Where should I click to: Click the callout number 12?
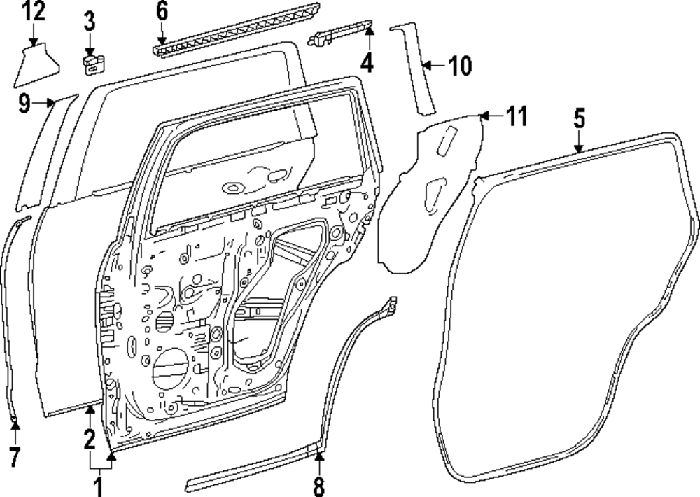(33, 11)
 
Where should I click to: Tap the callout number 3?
(90, 20)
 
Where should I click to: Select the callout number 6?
(162, 11)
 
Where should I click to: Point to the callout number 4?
(367, 63)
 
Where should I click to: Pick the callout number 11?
(516, 116)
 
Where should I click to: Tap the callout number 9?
(24, 105)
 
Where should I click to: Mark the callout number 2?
(89, 440)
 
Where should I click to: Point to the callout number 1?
(99, 484)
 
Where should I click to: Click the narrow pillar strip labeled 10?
(417, 70)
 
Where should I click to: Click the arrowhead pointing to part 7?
(15, 423)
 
